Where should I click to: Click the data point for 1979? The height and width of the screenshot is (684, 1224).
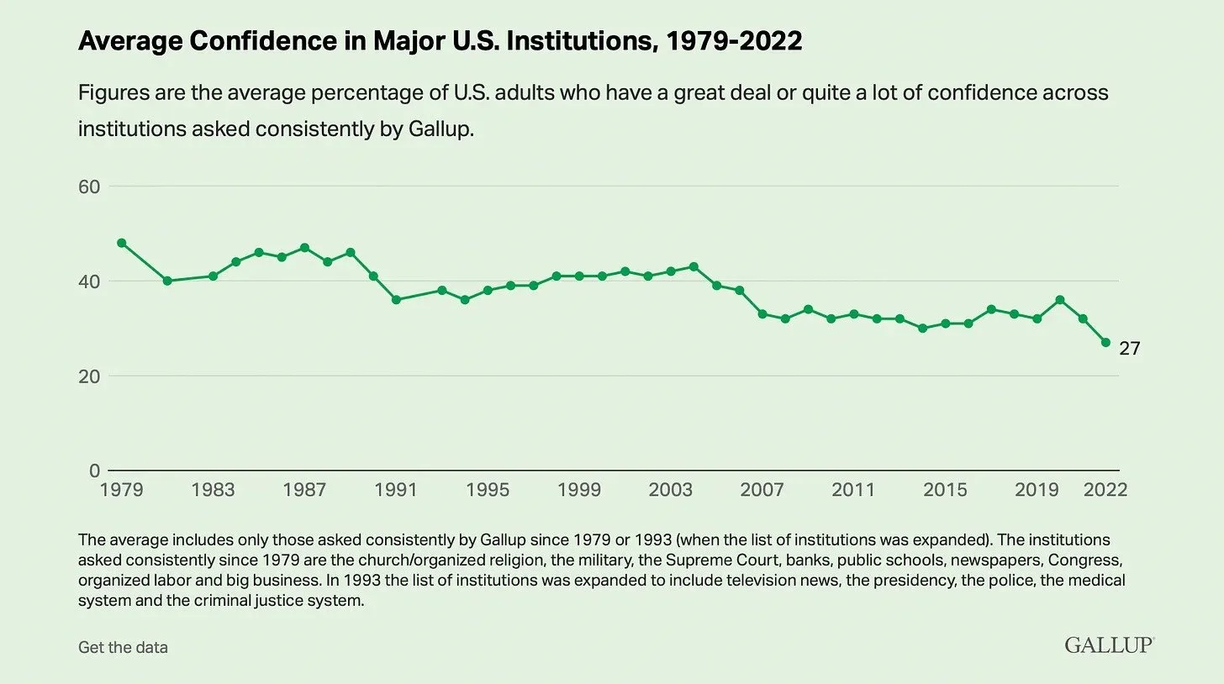click(x=122, y=243)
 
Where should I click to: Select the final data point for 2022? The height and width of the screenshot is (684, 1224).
click(x=1105, y=343)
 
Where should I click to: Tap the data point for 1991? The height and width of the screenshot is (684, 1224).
click(x=396, y=300)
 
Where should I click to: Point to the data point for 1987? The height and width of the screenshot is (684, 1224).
click(x=304, y=248)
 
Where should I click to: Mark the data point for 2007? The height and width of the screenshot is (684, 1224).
click(x=762, y=313)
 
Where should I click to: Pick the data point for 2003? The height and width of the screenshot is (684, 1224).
click(x=671, y=271)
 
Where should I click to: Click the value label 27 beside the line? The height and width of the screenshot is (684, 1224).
click(x=1129, y=348)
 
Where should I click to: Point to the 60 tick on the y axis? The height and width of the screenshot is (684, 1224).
click(x=89, y=187)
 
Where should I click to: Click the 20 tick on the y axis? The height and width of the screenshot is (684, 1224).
click(x=89, y=376)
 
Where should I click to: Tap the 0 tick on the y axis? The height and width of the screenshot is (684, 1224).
click(x=94, y=471)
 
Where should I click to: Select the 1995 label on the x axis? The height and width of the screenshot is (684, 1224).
click(x=488, y=490)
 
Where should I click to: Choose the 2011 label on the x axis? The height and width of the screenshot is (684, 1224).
click(x=853, y=490)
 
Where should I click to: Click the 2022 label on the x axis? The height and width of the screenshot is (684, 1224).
click(x=1105, y=490)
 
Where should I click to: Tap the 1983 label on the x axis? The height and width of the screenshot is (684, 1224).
click(x=213, y=490)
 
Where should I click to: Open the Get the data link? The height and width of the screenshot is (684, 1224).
click(x=123, y=647)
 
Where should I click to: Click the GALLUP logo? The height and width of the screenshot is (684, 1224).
click(x=1109, y=645)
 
